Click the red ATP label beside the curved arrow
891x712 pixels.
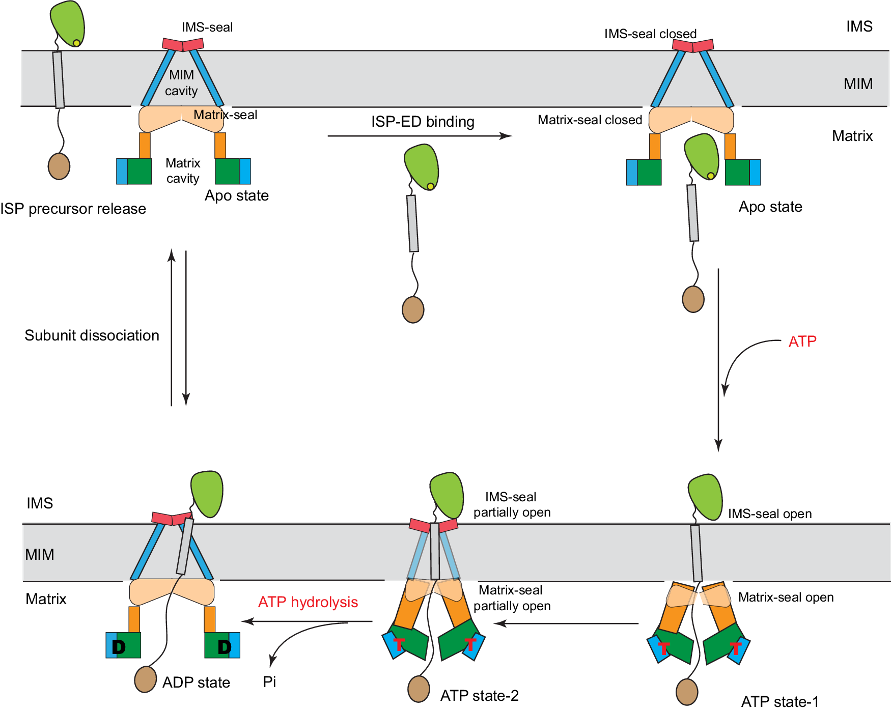802,341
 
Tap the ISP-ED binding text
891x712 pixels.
422,122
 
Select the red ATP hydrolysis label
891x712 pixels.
308,602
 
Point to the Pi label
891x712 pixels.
269,681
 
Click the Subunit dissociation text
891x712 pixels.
92,335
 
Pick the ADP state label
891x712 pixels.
196,682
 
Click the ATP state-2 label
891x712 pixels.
479,695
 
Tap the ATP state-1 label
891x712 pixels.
779,702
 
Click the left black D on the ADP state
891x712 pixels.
118,647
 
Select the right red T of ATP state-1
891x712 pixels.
736,649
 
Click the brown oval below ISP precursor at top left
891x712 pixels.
59,166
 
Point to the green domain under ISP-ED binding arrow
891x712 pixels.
422,166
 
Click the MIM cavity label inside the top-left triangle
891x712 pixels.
181,83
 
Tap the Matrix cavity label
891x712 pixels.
183,170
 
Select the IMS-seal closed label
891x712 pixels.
650,34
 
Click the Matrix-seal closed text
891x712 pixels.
590,120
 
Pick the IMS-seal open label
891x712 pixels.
769,514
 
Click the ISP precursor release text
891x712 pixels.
73,209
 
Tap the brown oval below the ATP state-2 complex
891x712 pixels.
419,689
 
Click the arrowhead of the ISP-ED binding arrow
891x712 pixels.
506,136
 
